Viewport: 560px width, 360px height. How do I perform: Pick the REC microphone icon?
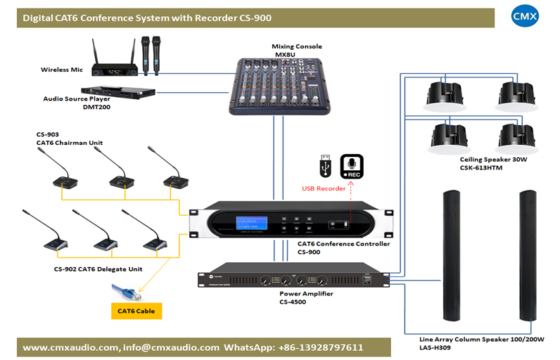(x=352, y=167)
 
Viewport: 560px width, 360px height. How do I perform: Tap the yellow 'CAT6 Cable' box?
(x=136, y=310)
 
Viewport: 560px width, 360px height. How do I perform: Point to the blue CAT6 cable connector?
(x=126, y=288)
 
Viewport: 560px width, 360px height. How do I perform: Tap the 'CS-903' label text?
(x=48, y=134)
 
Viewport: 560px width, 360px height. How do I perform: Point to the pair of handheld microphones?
(x=149, y=54)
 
